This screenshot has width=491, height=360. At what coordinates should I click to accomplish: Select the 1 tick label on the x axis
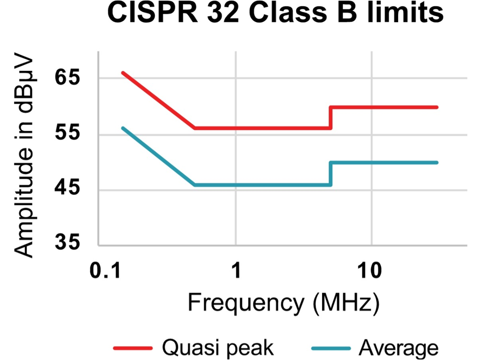[236, 271]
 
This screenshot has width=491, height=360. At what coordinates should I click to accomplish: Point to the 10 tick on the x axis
[372, 271]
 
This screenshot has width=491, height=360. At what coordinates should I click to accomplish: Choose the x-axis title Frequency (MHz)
[283, 303]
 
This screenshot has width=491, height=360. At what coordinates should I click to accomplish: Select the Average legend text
[398, 348]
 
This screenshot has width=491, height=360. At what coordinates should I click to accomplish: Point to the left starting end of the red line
[123, 73]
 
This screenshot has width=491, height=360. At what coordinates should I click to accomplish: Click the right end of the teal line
[436, 163]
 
